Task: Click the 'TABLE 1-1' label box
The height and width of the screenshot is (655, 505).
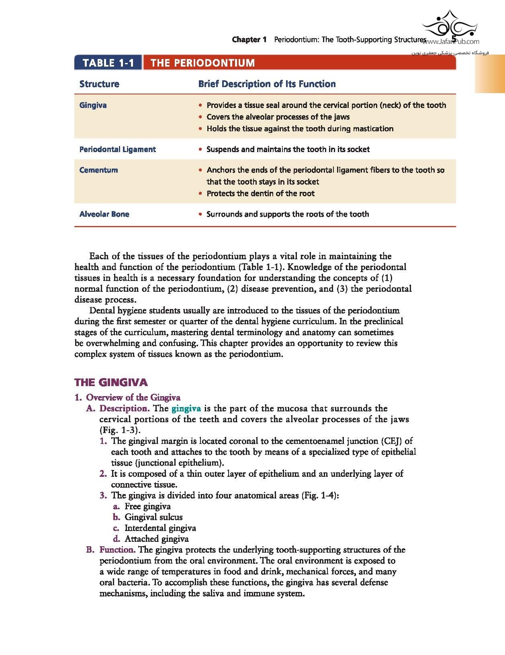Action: pyautogui.click(x=108, y=63)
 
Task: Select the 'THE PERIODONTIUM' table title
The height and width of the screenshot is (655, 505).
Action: pyautogui.click(x=202, y=63)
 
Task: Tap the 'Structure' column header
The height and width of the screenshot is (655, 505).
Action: pyautogui.click(x=99, y=84)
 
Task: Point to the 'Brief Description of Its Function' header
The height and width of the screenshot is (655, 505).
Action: pyautogui.click(x=267, y=84)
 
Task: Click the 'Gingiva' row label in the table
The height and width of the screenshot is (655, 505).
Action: pyautogui.click(x=93, y=105)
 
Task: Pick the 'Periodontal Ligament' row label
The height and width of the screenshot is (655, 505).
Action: pyautogui.click(x=117, y=149)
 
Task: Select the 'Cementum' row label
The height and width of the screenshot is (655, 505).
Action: pyautogui.click(x=98, y=170)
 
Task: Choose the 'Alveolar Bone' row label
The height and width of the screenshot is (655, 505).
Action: pyautogui.click(x=104, y=214)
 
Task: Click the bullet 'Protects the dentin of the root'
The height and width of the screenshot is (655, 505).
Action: pyautogui.click(x=260, y=193)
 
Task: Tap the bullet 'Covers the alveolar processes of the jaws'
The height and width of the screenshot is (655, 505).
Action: pyautogui.click(x=278, y=117)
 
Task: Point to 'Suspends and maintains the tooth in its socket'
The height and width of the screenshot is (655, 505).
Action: pyautogui.click(x=288, y=149)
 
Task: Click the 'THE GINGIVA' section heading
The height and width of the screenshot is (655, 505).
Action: pyautogui.click(x=111, y=382)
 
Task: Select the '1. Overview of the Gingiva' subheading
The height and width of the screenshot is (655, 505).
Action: pyautogui.click(x=127, y=397)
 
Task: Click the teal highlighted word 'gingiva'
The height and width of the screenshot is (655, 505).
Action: pyautogui.click(x=186, y=409)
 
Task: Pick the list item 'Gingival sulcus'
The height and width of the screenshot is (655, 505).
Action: pyautogui.click(x=153, y=517)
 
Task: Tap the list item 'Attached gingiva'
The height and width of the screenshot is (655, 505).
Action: pyautogui.click(x=156, y=539)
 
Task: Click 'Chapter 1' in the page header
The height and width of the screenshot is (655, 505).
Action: pyautogui.click(x=249, y=39)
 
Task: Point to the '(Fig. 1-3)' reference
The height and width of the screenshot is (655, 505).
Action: pyautogui.click(x=120, y=430)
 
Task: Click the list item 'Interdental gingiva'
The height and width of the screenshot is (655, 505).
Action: pyautogui.click(x=160, y=528)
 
